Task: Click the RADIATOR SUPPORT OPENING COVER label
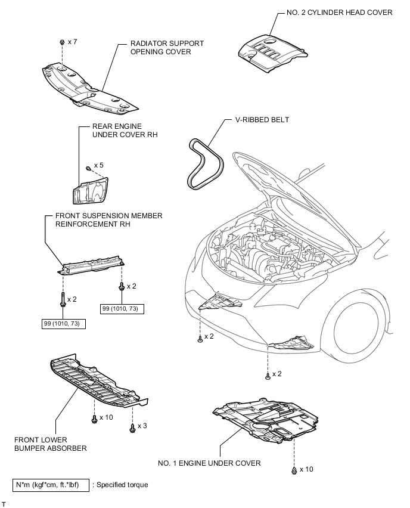coord(167,48)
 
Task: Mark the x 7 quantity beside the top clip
coord(73,42)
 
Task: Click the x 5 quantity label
coord(98,165)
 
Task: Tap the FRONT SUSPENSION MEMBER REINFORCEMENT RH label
coord(108,219)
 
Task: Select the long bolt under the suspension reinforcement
coord(63,297)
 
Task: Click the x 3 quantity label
coord(142,426)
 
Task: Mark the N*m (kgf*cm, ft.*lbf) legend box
coord(50,485)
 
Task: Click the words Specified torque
coord(122,485)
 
